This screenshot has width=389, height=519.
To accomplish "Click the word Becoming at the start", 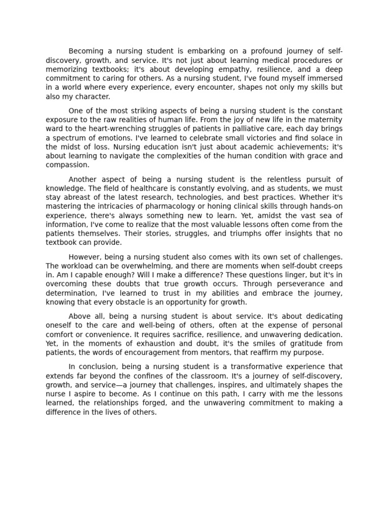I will tap(86, 51).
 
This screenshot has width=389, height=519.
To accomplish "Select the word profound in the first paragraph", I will tap(258, 51).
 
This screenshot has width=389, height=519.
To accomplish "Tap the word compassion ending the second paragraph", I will tap(67, 165).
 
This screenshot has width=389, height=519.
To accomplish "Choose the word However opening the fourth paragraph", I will tap(85, 257).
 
